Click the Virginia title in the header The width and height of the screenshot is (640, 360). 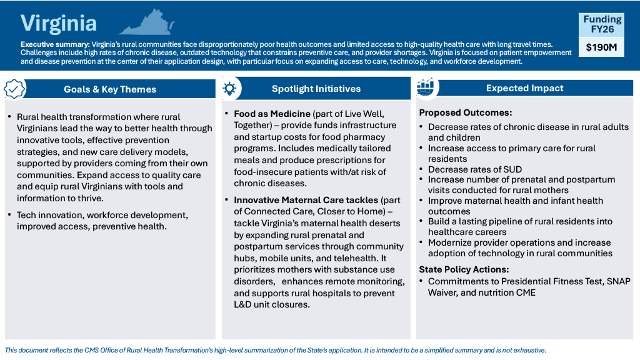pyautogui.click(x=59, y=23)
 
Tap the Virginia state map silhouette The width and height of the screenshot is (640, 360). pyautogui.click(x=146, y=22)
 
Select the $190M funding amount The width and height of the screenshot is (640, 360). pyautogui.click(x=602, y=47)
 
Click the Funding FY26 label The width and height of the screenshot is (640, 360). pyautogui.click(x=602, y=24)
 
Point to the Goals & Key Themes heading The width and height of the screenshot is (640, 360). pyautogui.click(x=110, y=89)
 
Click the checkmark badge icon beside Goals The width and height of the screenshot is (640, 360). pyautogui.click(x=14, y=89)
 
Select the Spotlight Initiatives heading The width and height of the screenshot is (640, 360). pyautogui.click(x=316, y=89)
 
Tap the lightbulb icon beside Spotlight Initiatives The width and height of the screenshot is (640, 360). pyautogui.click(x=229, y=89)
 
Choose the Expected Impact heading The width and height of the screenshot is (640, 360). pyautogui.click(x=525, y=88)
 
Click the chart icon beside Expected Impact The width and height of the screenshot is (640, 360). pyautogui.click(x=426, y=88)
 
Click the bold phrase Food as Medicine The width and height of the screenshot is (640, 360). pyautogui.click(x=272, y=114)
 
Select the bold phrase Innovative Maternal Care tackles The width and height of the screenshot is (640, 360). pyautogui.click(x=306, y=200)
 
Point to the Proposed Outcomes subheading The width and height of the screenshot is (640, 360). pyautogui.click(x=465, y=113)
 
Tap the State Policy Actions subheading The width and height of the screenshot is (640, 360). pyautogui.click(x=464, y=270)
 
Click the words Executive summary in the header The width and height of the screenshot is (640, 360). pyautogui.click(x=55, y=44)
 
